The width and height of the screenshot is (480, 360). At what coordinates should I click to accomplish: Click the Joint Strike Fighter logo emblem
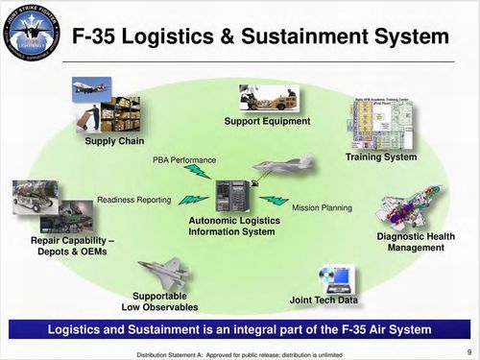click(x=31, y=37)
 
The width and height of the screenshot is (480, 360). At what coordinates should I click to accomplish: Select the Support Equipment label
click(x=267, y=121)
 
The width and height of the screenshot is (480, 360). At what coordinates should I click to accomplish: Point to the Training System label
click(x=380, y=156)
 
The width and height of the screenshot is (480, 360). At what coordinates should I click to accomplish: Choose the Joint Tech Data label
click(x=324, y=300)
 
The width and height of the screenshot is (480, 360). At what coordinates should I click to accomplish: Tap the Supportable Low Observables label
click(x=159, y=301)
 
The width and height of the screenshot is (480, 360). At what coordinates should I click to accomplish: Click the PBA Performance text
click(x=184, y=159)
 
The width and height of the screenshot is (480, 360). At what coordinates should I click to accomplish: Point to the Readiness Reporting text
click(x=133, y=200)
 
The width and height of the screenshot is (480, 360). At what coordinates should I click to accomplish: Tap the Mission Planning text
click(x=322, y=207)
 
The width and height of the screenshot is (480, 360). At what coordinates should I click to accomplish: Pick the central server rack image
click(x=231, y=197)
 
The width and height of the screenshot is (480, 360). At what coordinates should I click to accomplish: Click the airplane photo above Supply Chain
click(x=85, y=88)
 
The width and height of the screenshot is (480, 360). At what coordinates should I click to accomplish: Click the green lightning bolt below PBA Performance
click(x=198, y=173)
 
